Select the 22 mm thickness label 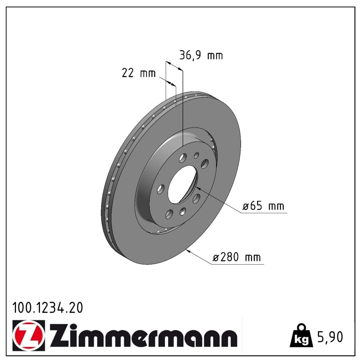click(x=139, y=73)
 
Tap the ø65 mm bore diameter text click(x=263, y=206)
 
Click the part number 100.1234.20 click(x=47, y=308)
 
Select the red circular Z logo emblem click(x=29, y=335)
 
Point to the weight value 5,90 click(x=329, y=337)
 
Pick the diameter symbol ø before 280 click(x=217, y=258)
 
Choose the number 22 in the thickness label click(x=127, y=73)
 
